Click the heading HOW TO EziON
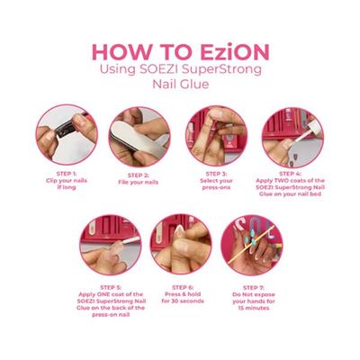(180, 50)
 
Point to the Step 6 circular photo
(181, 244)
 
